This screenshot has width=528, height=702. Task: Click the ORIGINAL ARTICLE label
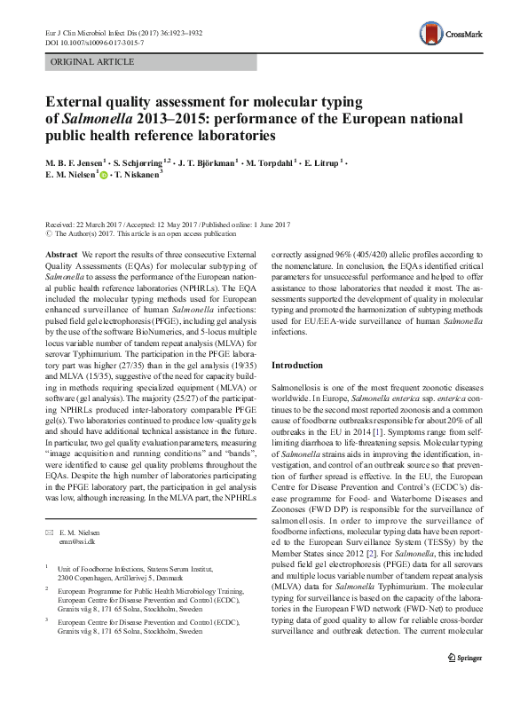(x=93, y=62)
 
